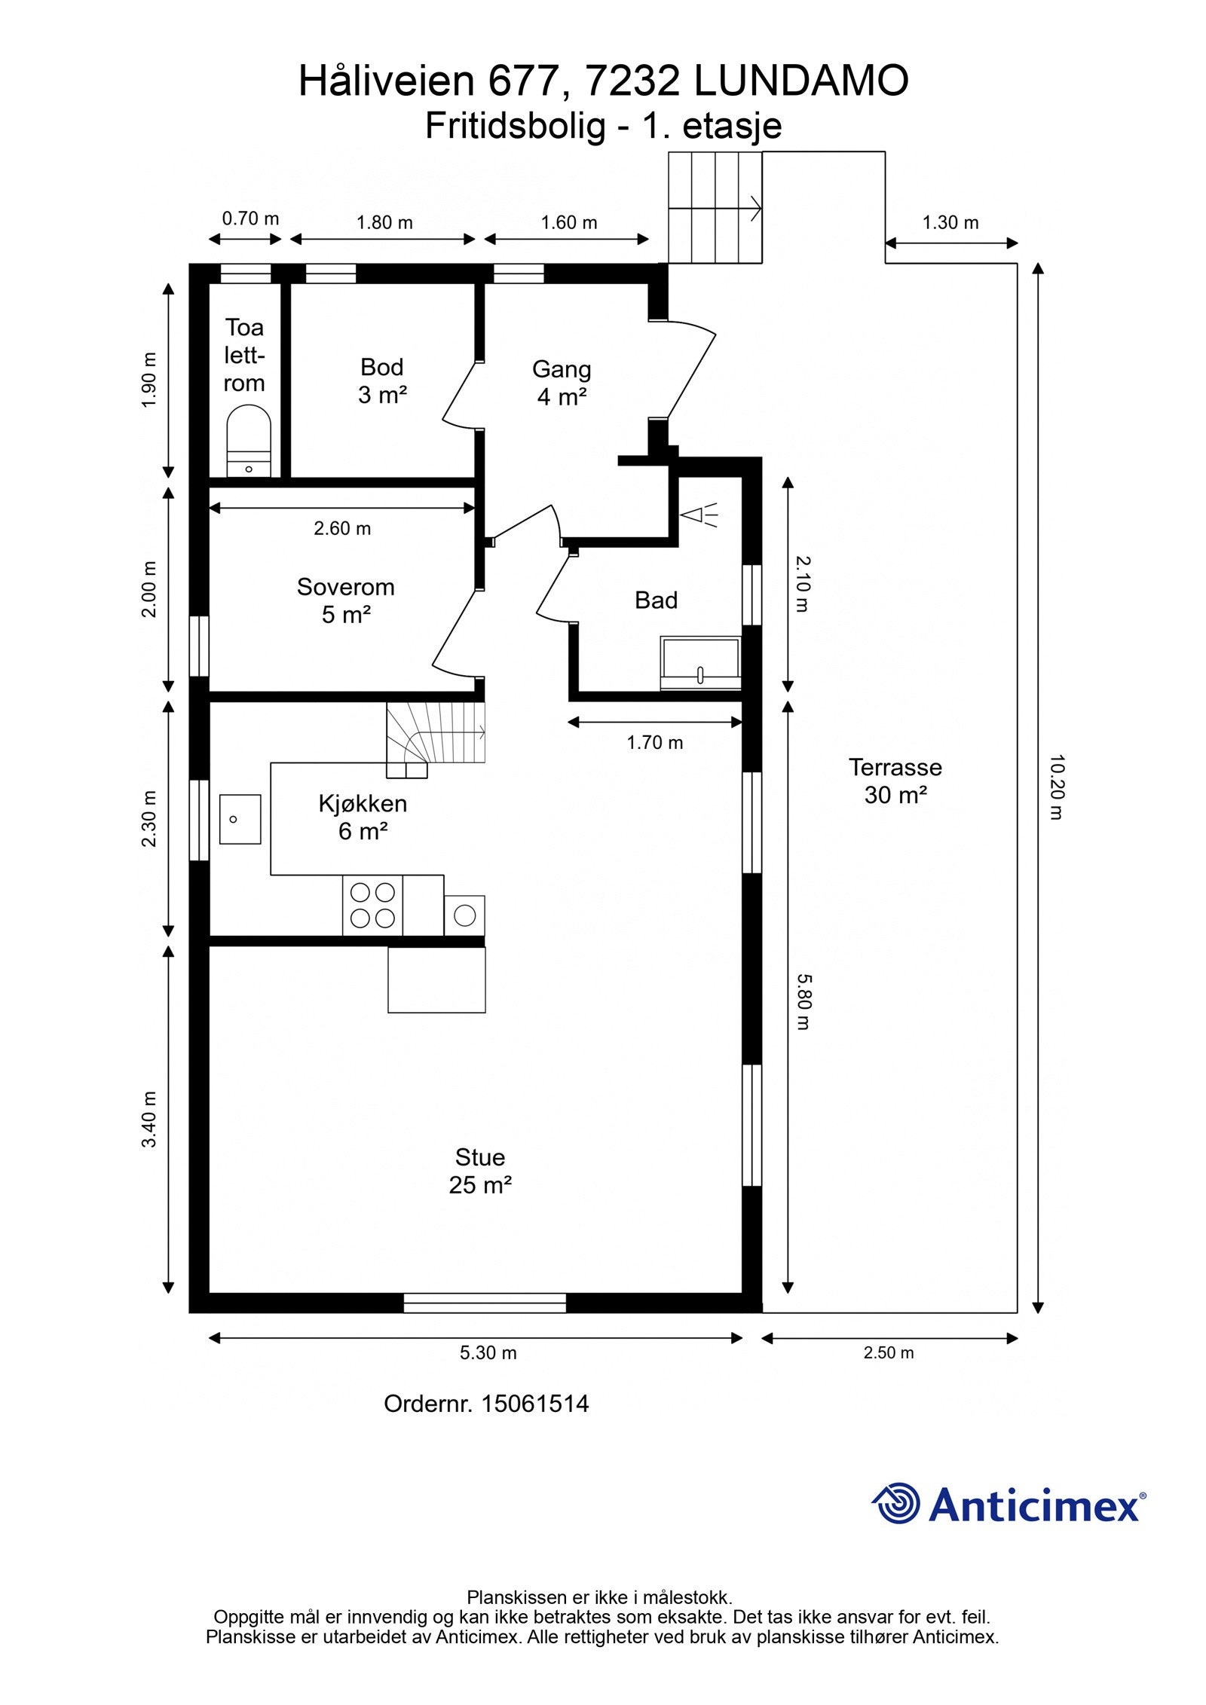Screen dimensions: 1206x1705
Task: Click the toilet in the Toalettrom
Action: click(249, 441)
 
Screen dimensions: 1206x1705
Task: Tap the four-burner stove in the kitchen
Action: click(372, 906)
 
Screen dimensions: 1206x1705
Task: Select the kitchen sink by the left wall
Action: click(240, 819)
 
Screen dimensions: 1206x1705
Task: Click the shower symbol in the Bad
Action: click(698, 515)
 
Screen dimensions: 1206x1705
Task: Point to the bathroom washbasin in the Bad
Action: click(700, 663)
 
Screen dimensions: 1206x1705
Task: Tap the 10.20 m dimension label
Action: click(1055, 787)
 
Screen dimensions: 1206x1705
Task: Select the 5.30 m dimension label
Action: click(488, 1352)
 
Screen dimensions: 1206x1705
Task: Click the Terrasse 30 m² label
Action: click(895, 781)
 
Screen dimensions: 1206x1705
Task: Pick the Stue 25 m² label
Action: click(480, 1171)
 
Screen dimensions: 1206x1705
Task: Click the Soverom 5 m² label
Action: click(346, 600)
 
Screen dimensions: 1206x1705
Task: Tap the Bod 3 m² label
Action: click(382, 380)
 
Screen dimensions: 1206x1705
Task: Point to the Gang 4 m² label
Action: click(562, 383)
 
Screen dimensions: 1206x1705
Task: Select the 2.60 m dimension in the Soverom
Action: click(342, 528)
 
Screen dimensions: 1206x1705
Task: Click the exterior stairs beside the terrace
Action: click(715, 207)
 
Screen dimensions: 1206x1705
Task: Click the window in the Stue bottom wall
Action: click(485, 1303)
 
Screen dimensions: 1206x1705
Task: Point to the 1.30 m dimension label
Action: click(950, 222)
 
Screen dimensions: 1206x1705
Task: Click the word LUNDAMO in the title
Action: click(801, 81)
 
